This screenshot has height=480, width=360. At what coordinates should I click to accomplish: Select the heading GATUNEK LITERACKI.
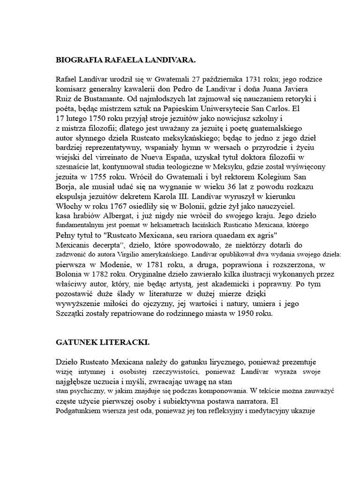(102, 343)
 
